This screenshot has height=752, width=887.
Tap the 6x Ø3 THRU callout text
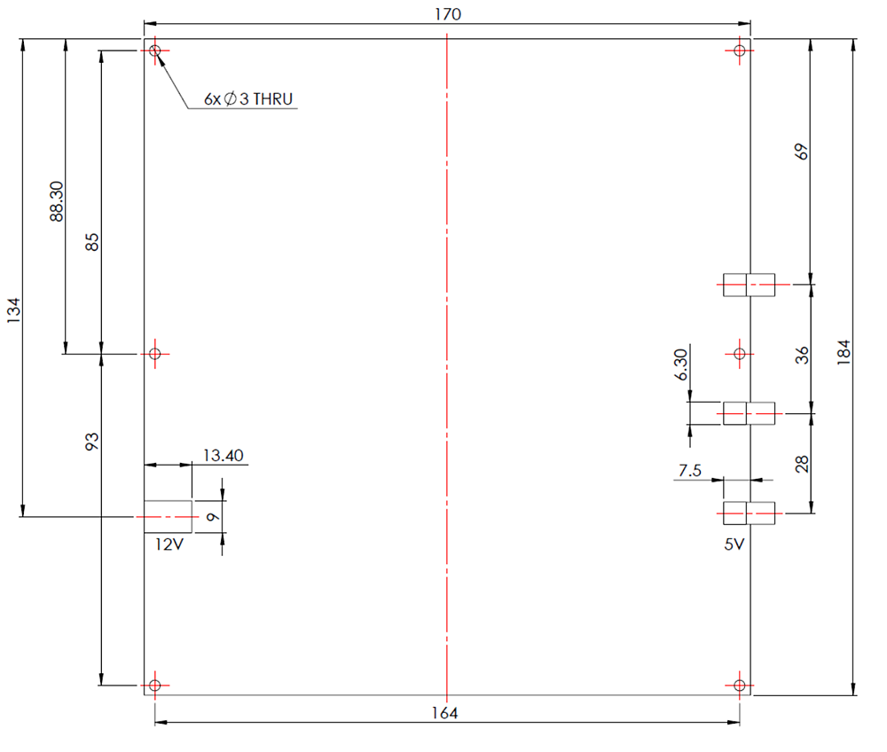coord(247,99)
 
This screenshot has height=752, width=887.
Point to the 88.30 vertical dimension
coord(57,201)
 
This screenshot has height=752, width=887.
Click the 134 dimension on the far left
coord(13,311)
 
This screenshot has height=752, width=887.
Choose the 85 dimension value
coord(92,243)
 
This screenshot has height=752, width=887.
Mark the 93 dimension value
coord(92,442)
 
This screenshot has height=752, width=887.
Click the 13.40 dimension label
coord(223,456)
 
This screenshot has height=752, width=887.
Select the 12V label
coord(169,544)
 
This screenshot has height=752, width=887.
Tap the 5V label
coord(734,545)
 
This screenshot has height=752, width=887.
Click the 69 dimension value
coord(803,152)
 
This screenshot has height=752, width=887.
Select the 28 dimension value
coord(803,464)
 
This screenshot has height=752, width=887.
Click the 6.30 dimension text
coord(680,364)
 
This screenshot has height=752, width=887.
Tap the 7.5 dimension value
coord(689,471)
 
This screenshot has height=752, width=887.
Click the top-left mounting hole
coord(155,51)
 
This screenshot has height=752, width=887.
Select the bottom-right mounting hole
coord(740,685)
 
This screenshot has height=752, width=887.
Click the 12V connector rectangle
coord(168,515)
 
